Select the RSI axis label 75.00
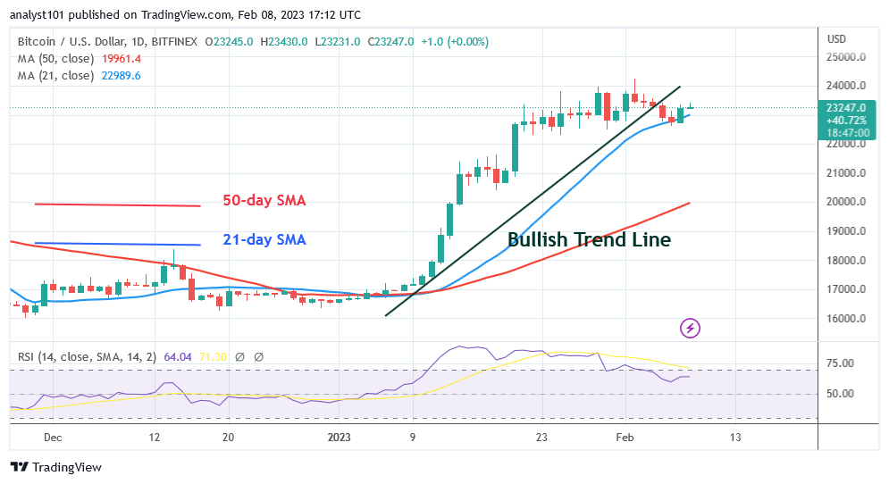[842, 363]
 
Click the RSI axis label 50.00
[842, 394]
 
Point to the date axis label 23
[541, 438]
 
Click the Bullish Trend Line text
[589, 239]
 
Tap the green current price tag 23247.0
[846, 107]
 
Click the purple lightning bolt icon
[690, 329]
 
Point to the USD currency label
[837, 39]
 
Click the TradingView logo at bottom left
[55, 467]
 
